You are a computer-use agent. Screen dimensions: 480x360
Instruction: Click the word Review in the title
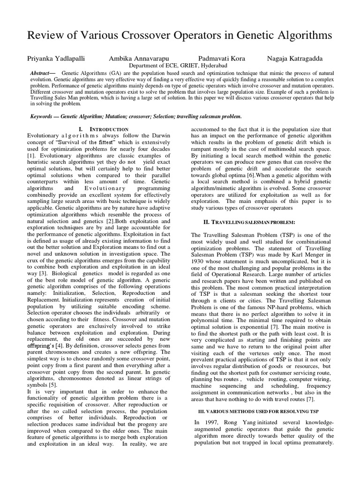point(46,36)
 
